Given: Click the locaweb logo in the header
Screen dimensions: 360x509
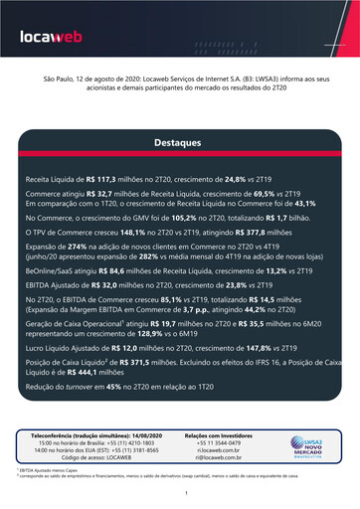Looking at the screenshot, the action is coord(54,39).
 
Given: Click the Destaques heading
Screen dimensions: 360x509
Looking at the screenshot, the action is coord(179,143).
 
